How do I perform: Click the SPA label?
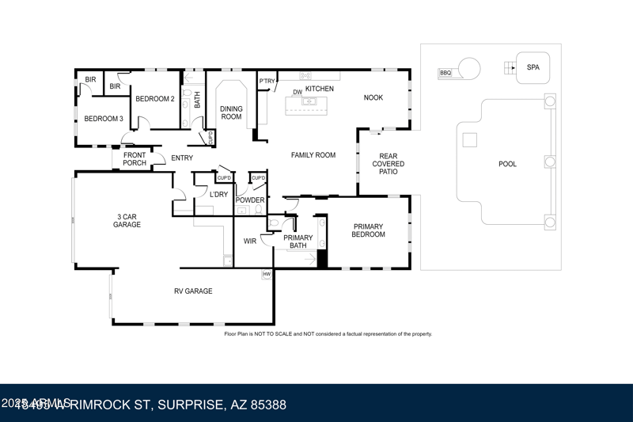pyautogui.click(x=533, y=67)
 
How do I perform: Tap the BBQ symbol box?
pyautogui.click(x=445, y=74)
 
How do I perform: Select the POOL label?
pyautogui.click(x=507, y=164)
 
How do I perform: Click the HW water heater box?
pyautogui.click(x=267, y=275)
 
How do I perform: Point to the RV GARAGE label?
pyautogui.click(x=193, y=291)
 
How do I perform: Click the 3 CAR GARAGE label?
pyautogui.click(x=127, y=220)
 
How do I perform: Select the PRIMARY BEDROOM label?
pyautogui.click(x=368, y=230)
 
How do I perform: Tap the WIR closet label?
pyautogui.click(x=250, y=241)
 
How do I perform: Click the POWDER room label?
pyautogui.click(x=249, y=200)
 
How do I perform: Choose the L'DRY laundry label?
pyautogui.click(x=218, y=194)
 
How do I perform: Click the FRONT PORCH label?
pyautogui.click(x=135, y=159)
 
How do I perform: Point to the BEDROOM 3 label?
pyautogui.click(x=104, y=119)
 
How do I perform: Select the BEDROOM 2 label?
pyautogui.click(x=154, y=99)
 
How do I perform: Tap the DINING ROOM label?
pyautogui.click(x=231, y=112)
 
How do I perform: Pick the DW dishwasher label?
pyautogui.click(x=298, y=92)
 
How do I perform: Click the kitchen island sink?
pyautogui.click(x=309, y=101)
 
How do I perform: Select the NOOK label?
pyautogui.click(x=373, y=97)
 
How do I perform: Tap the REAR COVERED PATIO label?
pyautogui.click(x=388, y=164)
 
